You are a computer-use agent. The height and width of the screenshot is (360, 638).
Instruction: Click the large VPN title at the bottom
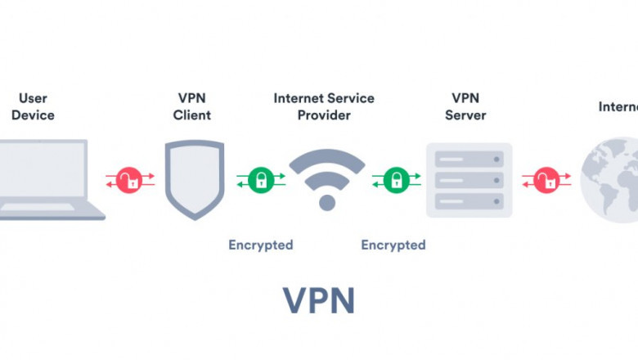click(319, 300)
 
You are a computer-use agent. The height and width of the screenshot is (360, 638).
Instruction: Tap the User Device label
click(33, 106)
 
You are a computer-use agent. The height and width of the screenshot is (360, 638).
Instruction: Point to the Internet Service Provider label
click(324, 106)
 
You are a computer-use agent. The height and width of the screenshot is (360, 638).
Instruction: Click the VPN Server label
click(465, 106)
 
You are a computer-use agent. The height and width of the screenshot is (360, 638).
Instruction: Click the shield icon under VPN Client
click(194, 178)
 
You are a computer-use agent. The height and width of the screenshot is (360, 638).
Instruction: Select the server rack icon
click(469, 180)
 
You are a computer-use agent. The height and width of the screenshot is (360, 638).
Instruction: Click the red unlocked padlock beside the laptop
click(129, 179)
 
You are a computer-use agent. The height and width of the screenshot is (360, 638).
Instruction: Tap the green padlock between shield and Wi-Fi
click(261, 179)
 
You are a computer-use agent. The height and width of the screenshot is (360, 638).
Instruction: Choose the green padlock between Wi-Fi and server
click(397, 179)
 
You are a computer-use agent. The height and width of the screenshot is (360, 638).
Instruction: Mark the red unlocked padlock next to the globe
click(546, 179)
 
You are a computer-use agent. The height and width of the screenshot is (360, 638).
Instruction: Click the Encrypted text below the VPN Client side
click(260, 245)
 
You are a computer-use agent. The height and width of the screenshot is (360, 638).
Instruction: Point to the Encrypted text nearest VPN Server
click(393, 245)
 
